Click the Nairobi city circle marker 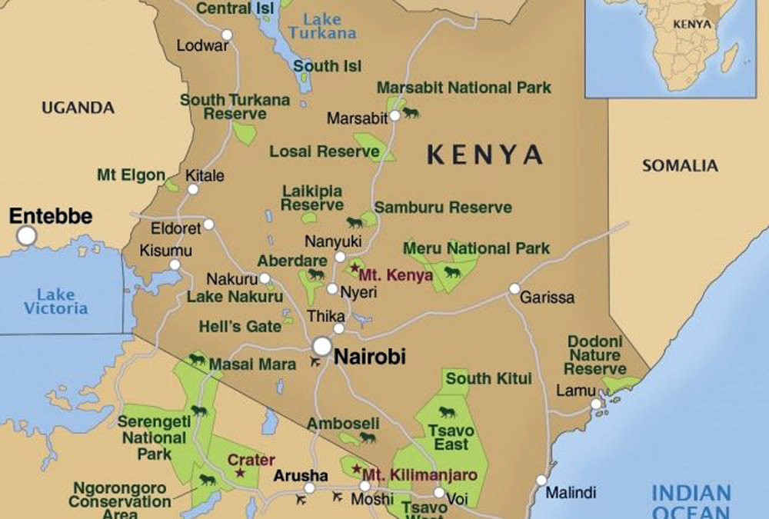[x=322, y=346]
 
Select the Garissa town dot [x=514, y=289]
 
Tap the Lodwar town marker [x=227, y=35]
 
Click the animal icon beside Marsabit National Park [x=411, y=113]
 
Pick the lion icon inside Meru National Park [x=451, y=271]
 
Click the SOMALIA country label [x=680, y=165]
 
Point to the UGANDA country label [x=78, y=108]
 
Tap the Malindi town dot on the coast [x=541, y=480]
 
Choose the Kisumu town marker [x=175, y=264]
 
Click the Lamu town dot [x=596, y=404]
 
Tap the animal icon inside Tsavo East [x=447, y=412]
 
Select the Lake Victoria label [x=55, y=301]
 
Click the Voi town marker [x=438, y=493]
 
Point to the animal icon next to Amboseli [x=368, y=437]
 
